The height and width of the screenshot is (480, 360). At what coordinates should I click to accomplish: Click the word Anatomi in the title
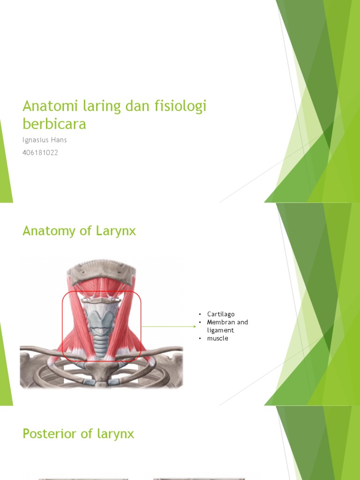pos(44,107)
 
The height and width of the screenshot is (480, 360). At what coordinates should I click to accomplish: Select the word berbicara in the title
pos(54,124)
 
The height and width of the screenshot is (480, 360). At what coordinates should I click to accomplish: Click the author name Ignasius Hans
pos(45,140)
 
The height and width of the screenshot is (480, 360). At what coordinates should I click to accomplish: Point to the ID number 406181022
pos(40,152)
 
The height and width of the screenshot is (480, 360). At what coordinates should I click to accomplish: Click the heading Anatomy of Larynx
pos(79,231)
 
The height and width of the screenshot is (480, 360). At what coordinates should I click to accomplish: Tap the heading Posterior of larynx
pos(78,434)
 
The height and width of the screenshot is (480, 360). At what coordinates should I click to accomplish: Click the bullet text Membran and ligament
pos(227,326)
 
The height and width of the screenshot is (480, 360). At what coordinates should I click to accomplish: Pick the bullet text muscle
pos(217,338)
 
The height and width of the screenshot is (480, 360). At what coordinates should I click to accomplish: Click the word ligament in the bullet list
pos(221,330)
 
